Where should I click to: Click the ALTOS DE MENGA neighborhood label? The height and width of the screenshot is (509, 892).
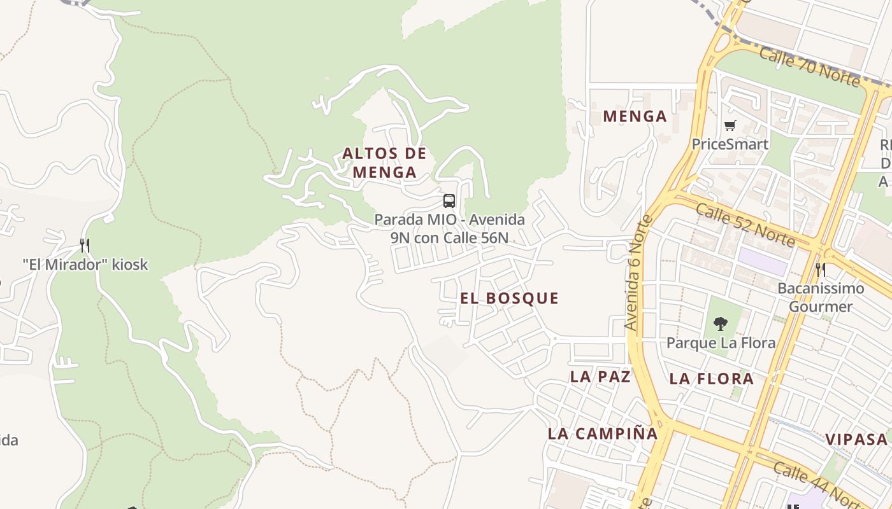[x=384, y=163]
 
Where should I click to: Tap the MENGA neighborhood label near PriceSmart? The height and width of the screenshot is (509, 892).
[x=635, y=116]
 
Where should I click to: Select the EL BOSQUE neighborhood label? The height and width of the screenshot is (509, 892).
[x=509, y=298]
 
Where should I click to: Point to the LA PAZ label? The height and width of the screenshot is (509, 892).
[x=600, y=376]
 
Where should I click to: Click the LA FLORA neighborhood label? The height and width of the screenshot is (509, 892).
[x=712, y=379]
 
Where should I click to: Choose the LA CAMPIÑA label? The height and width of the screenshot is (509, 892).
[x=602, y=434]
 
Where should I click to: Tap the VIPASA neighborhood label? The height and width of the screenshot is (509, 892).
[x=856, y=439]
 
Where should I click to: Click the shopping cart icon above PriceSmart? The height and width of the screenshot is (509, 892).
[x=730, y=125]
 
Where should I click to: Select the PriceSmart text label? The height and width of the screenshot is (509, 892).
[x=730, y=144]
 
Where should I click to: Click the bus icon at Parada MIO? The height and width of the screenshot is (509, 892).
[x=449, y=201]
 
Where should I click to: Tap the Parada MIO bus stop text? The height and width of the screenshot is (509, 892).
[x=449, y=228]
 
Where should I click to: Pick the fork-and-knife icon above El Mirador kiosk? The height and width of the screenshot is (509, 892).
[x=84, y=245]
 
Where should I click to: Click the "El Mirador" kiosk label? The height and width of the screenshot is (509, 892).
[x=85, y=264]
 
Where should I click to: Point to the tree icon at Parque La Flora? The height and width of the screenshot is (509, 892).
[x=721, y=324]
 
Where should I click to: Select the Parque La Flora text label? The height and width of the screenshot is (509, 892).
[x=721, y=343]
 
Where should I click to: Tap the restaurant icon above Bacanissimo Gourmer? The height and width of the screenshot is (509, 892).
[x=821, y=269]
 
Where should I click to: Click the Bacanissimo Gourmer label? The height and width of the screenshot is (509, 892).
[x=821, y=297]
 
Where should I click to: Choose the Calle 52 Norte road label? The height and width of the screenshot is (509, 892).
[x=745, y=224]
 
